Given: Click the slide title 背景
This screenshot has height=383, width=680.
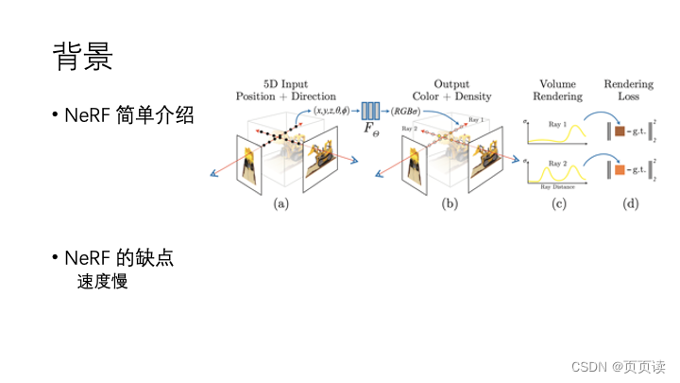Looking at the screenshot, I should pyautogui.click(x=83, y=57).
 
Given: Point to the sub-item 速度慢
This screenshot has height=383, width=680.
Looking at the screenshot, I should pyautogui.click(x=103, y=281).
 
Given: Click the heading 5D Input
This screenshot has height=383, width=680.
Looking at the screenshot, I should pyautogui.click(x=288, y=84).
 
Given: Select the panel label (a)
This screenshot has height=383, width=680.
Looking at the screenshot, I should pyautogui.click(x=280, y=202).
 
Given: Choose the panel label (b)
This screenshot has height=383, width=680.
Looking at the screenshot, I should pyautogui.click(x=450, y=202).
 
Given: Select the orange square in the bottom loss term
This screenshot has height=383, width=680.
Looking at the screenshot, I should pyautogui.click(x=620, y=171).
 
